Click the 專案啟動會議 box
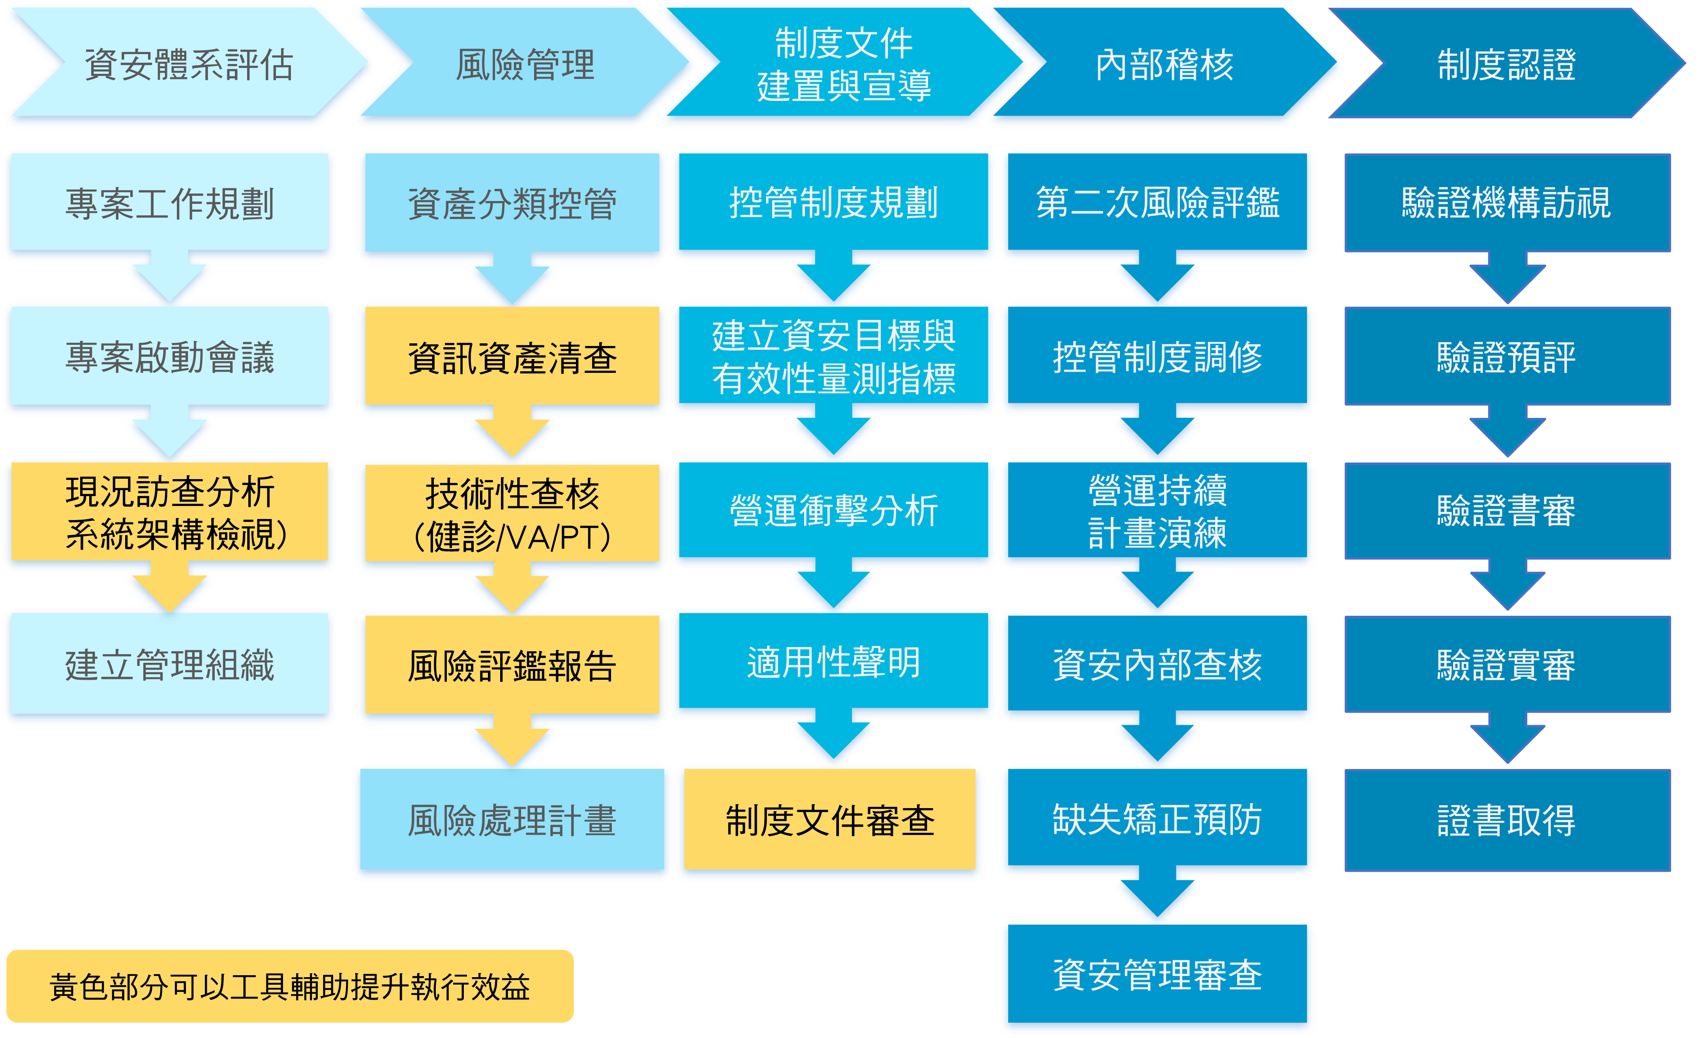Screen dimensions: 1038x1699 170,357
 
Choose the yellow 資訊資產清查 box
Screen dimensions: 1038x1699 512,357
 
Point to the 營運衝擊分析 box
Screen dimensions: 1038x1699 833,510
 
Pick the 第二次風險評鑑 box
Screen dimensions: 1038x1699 1157,203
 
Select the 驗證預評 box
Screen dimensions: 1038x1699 1507,357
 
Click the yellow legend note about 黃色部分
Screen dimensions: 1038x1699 290,986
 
